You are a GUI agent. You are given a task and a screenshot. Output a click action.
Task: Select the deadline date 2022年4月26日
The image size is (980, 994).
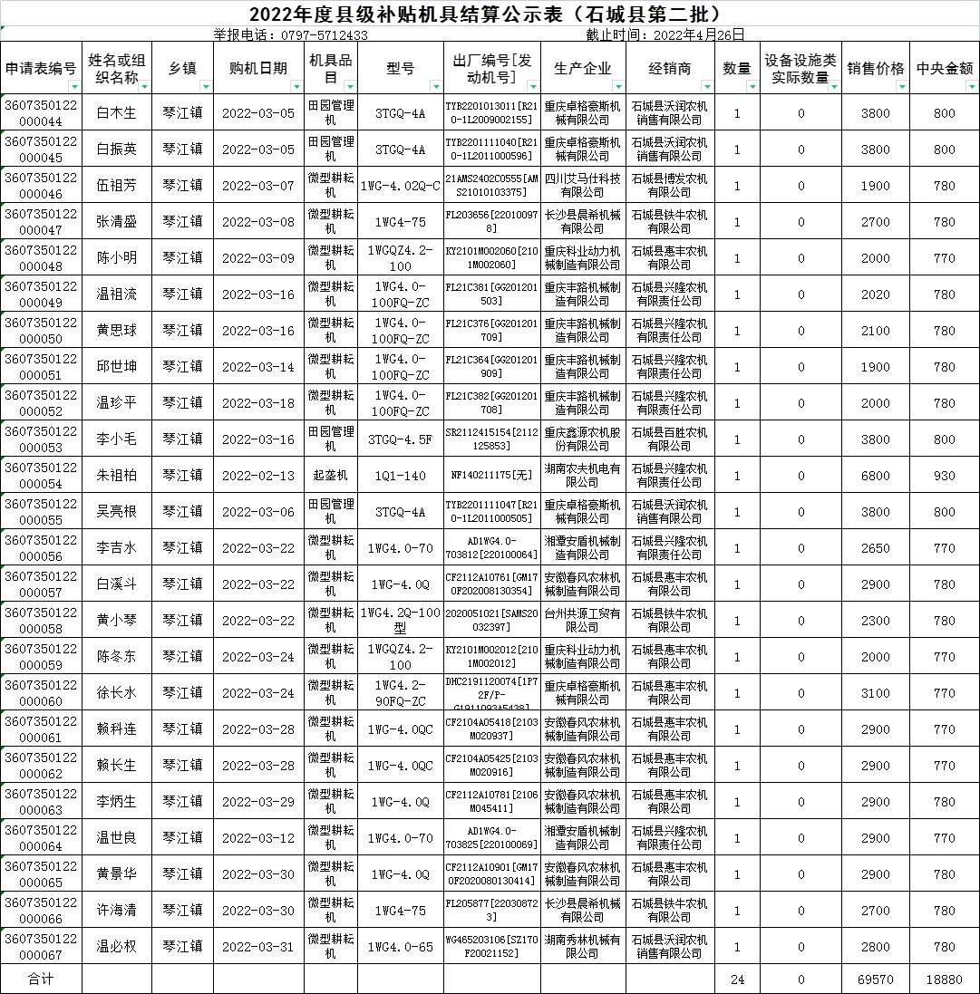665,35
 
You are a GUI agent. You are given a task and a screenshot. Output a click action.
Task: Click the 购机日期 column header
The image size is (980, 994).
254,68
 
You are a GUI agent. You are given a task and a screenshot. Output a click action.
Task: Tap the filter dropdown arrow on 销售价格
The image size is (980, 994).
902,86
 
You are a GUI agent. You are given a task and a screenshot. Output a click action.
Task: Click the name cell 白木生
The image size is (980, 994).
116,113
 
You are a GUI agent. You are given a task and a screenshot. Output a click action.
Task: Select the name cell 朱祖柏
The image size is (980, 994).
116,476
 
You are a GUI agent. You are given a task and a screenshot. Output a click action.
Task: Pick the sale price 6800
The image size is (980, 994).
875,476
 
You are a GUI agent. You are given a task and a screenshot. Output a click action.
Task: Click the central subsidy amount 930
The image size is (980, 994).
944,476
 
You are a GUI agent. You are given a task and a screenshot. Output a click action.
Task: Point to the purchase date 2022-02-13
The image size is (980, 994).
258,476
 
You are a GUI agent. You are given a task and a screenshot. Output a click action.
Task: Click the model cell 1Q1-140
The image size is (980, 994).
400,476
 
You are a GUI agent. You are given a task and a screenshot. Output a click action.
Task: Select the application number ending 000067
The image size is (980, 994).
41,947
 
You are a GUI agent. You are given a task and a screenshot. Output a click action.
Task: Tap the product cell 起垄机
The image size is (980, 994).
330,476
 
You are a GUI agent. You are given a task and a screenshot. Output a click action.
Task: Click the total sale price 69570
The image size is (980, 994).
875,980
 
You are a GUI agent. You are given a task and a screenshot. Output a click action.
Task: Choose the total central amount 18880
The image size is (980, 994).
944,980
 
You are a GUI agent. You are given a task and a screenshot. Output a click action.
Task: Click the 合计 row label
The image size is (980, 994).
41,980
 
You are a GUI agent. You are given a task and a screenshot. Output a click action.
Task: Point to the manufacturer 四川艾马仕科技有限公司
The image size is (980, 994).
582,186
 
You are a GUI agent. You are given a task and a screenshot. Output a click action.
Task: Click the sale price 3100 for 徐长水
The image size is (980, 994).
875,693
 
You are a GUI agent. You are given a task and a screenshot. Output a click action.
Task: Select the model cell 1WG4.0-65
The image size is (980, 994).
400,947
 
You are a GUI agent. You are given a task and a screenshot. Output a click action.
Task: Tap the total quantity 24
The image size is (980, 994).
737,980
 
